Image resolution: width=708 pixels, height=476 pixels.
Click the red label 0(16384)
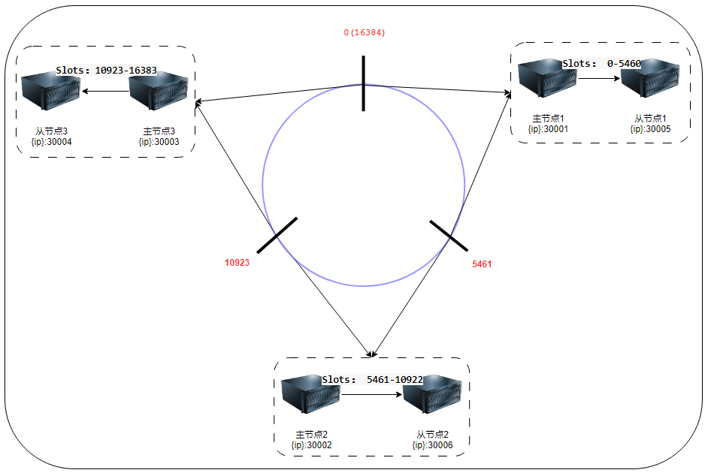365,33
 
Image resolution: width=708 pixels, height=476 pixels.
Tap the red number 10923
237,263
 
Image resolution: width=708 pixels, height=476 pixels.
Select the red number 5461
482,264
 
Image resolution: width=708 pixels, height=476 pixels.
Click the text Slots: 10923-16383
106,71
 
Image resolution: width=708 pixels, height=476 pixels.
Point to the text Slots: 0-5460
601,64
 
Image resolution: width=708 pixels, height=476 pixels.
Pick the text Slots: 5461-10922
372,380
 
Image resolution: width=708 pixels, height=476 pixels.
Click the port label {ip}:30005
650,129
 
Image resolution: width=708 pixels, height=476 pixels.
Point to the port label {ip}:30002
311,445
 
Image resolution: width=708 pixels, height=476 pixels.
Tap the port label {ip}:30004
51,141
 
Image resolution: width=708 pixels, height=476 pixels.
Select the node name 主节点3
158,131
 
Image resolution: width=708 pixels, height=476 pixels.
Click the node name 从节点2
432,435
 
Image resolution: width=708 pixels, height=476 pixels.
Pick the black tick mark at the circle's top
363,83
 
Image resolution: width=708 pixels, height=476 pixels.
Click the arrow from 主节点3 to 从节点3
105,92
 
